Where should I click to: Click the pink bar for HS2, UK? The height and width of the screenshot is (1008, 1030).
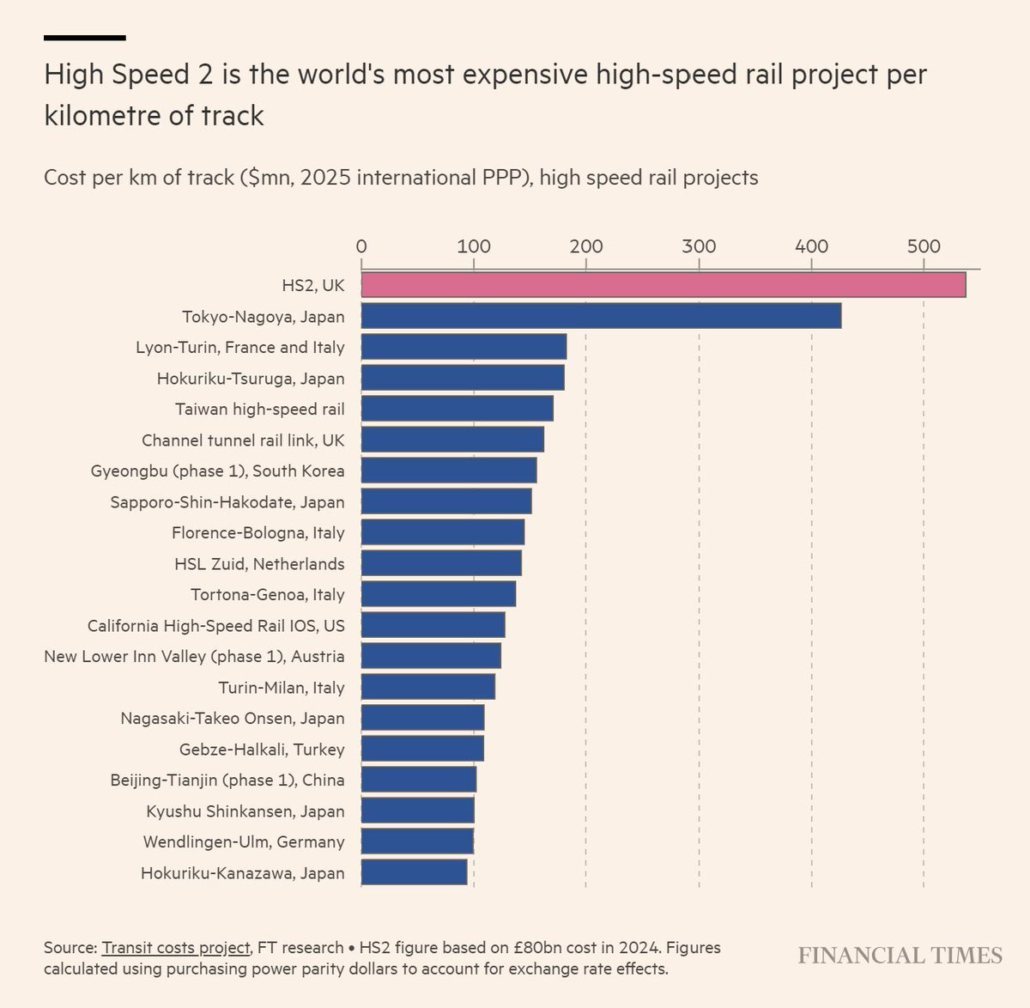(663, 284)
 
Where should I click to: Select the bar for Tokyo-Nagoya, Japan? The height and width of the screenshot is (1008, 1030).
(601, 316)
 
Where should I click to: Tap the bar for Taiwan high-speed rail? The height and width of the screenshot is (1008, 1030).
(457, 409)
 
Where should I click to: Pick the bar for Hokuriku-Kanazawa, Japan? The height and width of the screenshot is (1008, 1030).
(414, 872)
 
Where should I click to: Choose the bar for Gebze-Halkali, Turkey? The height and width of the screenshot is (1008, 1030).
(422, 749)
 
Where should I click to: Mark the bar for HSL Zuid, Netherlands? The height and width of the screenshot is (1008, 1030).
(441, 563)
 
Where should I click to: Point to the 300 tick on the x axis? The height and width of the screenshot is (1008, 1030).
(699, 247)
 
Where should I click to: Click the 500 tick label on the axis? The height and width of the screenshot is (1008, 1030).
(924, 247)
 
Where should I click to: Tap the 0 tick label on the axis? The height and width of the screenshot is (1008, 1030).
(361, 247)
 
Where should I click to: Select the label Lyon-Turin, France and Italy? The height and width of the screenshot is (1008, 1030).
(240, 348)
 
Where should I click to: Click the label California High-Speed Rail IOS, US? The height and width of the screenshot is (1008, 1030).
(216, 626)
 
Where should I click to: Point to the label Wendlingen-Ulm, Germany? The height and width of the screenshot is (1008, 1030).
(244, 842)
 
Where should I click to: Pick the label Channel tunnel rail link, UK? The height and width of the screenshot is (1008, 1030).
(243, 440)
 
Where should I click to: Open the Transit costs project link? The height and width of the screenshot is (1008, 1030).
(175, 948)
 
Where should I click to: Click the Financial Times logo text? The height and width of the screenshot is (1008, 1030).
(900, 956)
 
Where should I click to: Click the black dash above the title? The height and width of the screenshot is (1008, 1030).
(85, 38)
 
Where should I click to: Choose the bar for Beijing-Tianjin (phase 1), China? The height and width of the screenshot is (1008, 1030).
(418, 780)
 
